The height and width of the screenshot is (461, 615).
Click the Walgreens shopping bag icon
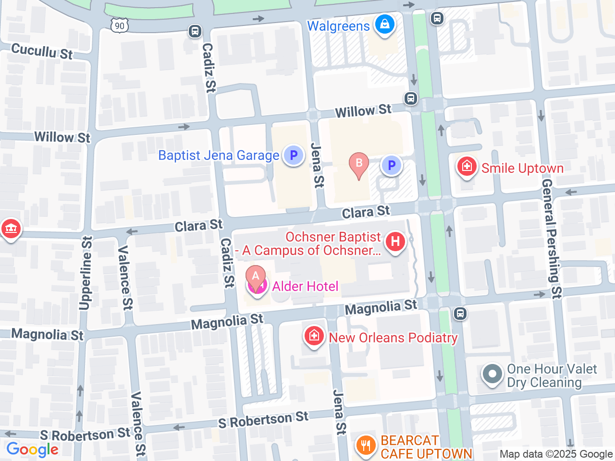pyautogui.click(x=384, y=24)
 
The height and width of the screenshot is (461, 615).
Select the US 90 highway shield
pyautogui.click(x=120, y=26)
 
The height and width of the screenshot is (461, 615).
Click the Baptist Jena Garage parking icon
pyautogui.click(x=293, y=156)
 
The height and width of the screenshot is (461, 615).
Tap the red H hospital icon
pyautogui.click(x=395, y=242)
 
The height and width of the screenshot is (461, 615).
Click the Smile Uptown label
pyautogui.click(x=522, y=169)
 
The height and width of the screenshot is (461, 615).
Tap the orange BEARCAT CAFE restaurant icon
pyautogui.click(x=366, y=445)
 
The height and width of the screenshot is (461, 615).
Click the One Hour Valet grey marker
pyautogui.click(x=492, y=374)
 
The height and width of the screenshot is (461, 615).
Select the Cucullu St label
pyautogui.click(x=42, y=50)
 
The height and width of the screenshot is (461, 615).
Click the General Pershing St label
pyautogui.click(x=552, y=239)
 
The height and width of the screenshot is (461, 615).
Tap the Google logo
pyautogui.click(x=32, y=450)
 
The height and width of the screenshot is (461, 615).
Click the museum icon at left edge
pyautogui.click(x=11, y=229)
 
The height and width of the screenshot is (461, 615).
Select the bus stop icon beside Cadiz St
pyautogui.click(x=195, y=31)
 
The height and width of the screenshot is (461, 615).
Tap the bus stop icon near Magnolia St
pyautogui.click(x=460, y=314)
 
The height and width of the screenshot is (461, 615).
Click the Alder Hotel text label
pyautogui.click(x=305, y=287)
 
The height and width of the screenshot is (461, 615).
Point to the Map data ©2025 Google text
pyautogui.click(x=556, y=454)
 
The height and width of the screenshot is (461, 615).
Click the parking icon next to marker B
pyautogui.click(x=391, y=166)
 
